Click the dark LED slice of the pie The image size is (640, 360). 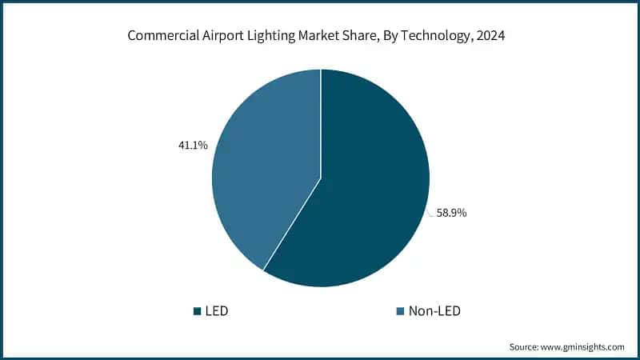[368, 200]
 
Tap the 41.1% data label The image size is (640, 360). [193, 145]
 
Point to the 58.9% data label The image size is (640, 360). [451, 214]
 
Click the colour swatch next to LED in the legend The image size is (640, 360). [197, 310]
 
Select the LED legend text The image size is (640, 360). [217, 310]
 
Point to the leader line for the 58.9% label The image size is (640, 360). [430, 211]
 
